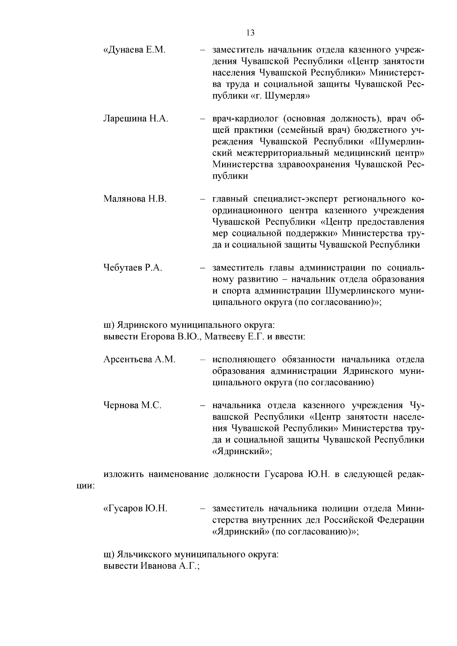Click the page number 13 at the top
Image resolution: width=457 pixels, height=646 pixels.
pos(250,33)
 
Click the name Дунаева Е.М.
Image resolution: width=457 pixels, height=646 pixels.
pos(134,50)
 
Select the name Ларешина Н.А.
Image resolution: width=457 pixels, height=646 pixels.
pos(136,118)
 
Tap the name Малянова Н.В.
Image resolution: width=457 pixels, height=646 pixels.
pos(135,199)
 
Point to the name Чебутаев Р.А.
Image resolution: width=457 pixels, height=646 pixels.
pos(133,268)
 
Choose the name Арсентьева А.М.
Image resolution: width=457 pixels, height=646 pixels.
pos(139,359)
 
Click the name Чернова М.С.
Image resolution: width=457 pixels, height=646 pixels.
pos(132,405)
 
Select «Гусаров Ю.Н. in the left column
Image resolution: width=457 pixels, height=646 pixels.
pos(135,509)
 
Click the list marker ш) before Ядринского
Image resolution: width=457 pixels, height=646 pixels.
pos(108,325)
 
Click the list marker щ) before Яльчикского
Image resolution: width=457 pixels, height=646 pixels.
pos(109,555)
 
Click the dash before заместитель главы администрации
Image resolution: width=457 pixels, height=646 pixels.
pos(203,268)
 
